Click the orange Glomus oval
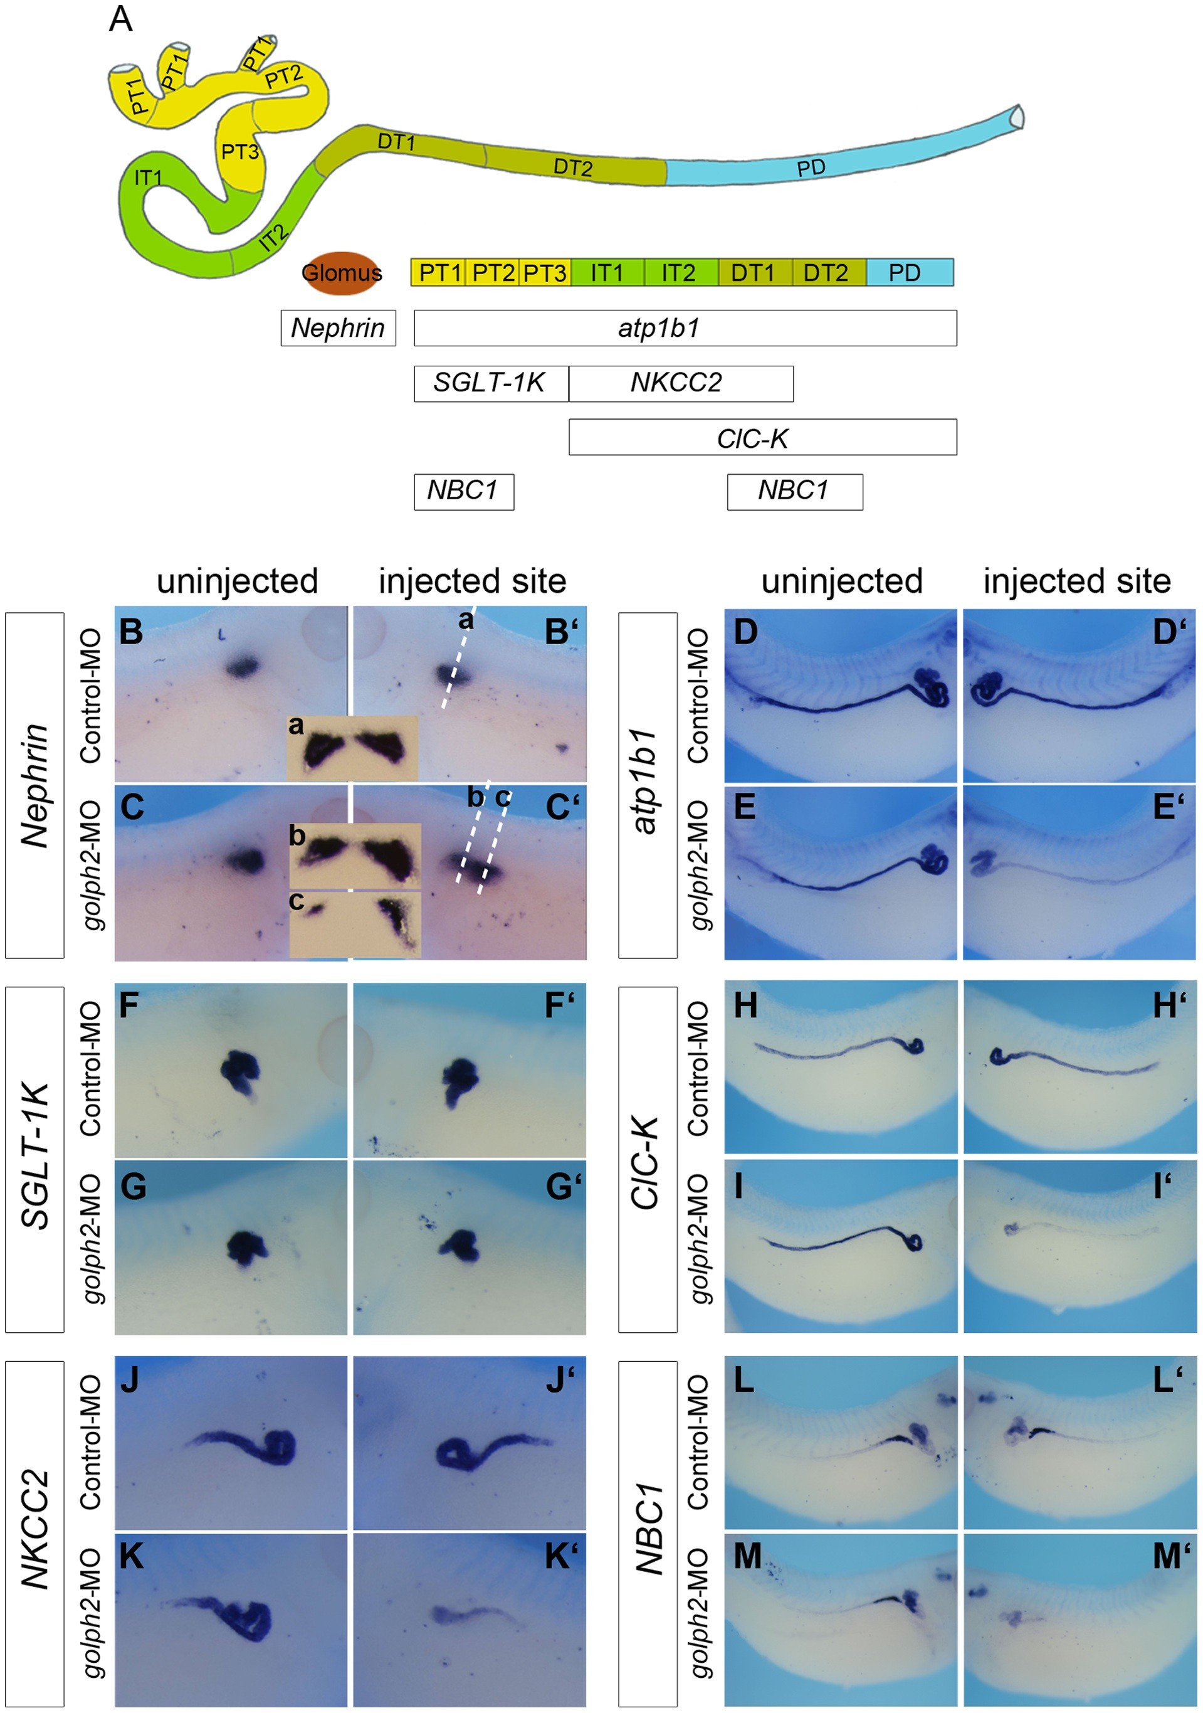(342, 272)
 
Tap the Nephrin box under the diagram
(338, 327)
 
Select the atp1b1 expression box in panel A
(685, 327)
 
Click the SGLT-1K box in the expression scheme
(490, 383)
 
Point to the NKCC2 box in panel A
(680, 383)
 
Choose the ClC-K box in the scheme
(762, 437)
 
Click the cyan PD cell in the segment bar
(909, 272)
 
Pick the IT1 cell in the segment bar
(607, 272)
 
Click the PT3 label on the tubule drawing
(240, 152)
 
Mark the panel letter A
(121, 20)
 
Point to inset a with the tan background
(352, 748)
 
